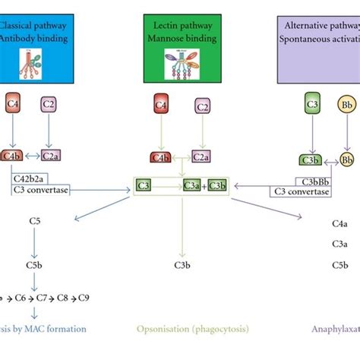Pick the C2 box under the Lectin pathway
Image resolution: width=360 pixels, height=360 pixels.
click(201, 106)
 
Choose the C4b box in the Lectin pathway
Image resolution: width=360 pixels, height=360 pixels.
click(160, 156)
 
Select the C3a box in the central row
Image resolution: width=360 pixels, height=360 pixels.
click(191, 185)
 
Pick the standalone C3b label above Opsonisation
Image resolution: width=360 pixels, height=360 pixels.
click(182, 265)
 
